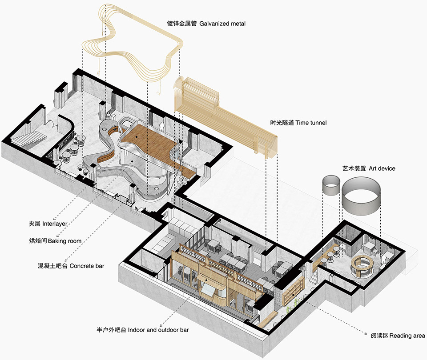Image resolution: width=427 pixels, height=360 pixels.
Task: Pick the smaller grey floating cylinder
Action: [331, 185]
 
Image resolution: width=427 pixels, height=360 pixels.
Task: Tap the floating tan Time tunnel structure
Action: [226, 117]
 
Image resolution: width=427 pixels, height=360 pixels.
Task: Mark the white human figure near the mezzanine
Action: [162, 126]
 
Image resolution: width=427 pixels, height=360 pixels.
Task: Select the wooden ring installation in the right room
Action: [362, 266]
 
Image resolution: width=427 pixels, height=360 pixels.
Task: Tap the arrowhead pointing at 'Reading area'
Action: [366, 333]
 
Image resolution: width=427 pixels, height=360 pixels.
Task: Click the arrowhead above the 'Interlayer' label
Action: [54, 219]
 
